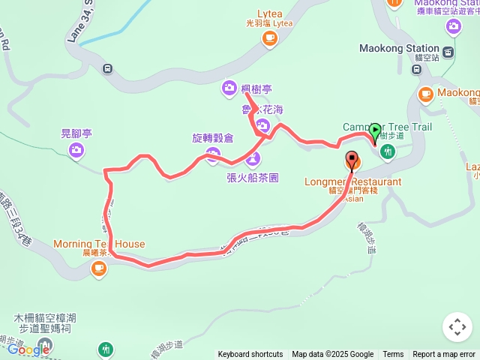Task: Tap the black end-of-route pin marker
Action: pos(352,160)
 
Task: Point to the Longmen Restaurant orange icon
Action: pos(352,160)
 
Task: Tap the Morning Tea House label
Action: pos(99,244)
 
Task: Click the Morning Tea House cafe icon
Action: pos(99,268)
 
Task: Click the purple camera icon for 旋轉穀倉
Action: pos(213,155)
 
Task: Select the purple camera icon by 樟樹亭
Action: pos(229,89)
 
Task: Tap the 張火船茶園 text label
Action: pos(253,178)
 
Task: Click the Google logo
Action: pos(28,349)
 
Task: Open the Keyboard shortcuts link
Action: pos(250,355)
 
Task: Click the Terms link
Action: pos(393,355)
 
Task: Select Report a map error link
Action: pos(444,355)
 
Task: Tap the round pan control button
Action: pos(457,327)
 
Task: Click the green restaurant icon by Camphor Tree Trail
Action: pos(388,151)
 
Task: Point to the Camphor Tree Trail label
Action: pos(387,127)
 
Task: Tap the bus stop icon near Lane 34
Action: pos(107,69)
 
